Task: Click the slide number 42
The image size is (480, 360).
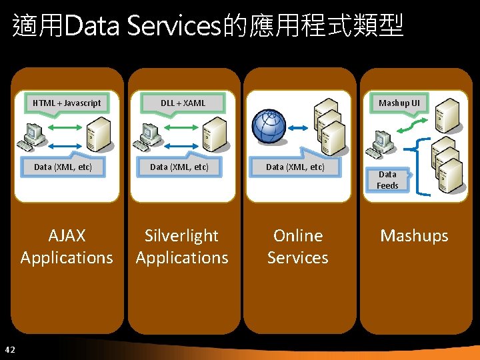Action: (9, 349)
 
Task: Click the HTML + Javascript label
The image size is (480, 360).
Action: (67, 103)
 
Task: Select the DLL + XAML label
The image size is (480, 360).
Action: (183, 103)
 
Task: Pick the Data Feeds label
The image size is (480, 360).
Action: (387, 180)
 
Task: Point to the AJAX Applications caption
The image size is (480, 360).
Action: (67, 246)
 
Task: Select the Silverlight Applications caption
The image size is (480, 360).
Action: (182, 246)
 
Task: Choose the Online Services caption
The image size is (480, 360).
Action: (297, 246)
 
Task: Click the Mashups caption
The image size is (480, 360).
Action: (414, 235)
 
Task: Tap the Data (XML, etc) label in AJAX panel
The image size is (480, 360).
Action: (63, 167)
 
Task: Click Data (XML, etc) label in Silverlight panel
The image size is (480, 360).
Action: (179, 167)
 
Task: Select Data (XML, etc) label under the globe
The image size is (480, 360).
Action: (295, 167)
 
